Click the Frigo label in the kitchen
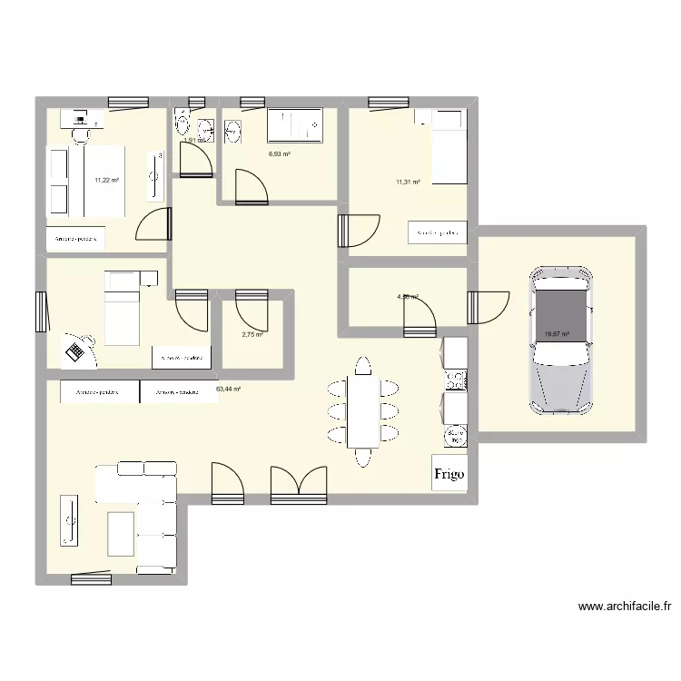pyautogui.click(x=449, y=473)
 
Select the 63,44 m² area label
pyautogui.click(x=228, y=389)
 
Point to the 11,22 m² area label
pyautogui.click(x=107, y=180)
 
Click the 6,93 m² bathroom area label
pyautogui.click(x=279, y=154)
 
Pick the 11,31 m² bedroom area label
pyautogui.click(x=408, y=183)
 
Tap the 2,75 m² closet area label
pyautogui.click(x=252, y=335)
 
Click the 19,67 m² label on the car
pyautogui.click(x=556, y=334)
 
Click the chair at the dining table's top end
pyautogui.click(x=362, y=367)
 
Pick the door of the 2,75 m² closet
pyautogui.click(x=251, y=310)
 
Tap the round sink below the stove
pyautogui.click(x=454, y=438)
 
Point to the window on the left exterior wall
pyautogui.click(x=41, y=312)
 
